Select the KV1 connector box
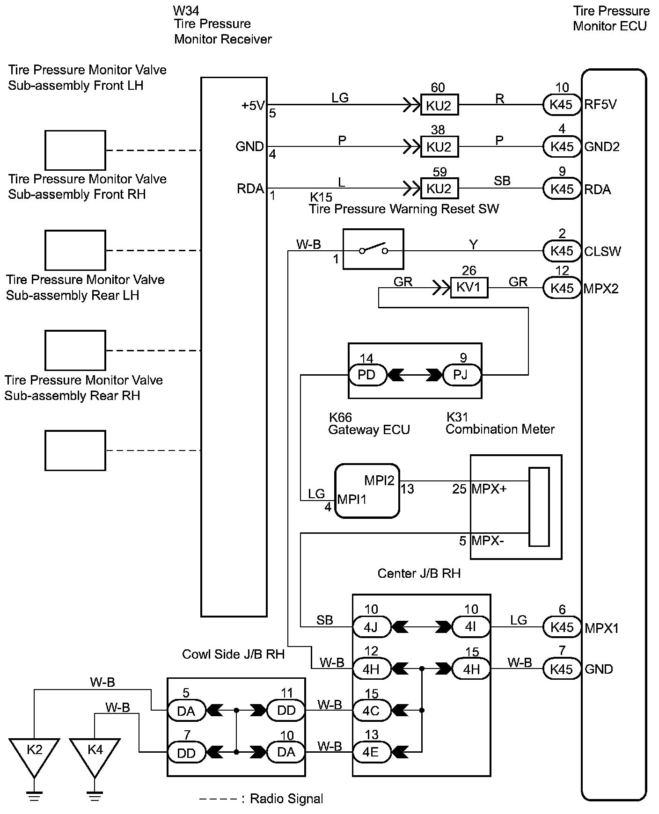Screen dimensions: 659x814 [469, 288]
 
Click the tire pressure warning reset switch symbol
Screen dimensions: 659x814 [373, 249]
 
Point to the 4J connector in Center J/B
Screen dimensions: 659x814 [371, 627]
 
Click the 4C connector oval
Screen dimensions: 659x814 [371, 711]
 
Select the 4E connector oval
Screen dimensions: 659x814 [371, 753]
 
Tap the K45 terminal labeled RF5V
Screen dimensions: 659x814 [562, 104]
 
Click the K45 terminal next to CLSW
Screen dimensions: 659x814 [562, 251]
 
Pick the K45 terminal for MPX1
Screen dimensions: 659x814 [562, 627]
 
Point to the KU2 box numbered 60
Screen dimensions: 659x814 [439, 105]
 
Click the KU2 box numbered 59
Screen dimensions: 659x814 [439, 189]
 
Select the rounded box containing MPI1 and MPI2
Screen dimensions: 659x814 [367, 491]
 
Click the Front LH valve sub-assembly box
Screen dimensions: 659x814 [75, 150]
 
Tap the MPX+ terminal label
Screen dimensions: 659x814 [489, 489]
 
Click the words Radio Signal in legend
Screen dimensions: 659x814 [286, 798]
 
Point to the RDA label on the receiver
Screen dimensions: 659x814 [250, 189]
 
